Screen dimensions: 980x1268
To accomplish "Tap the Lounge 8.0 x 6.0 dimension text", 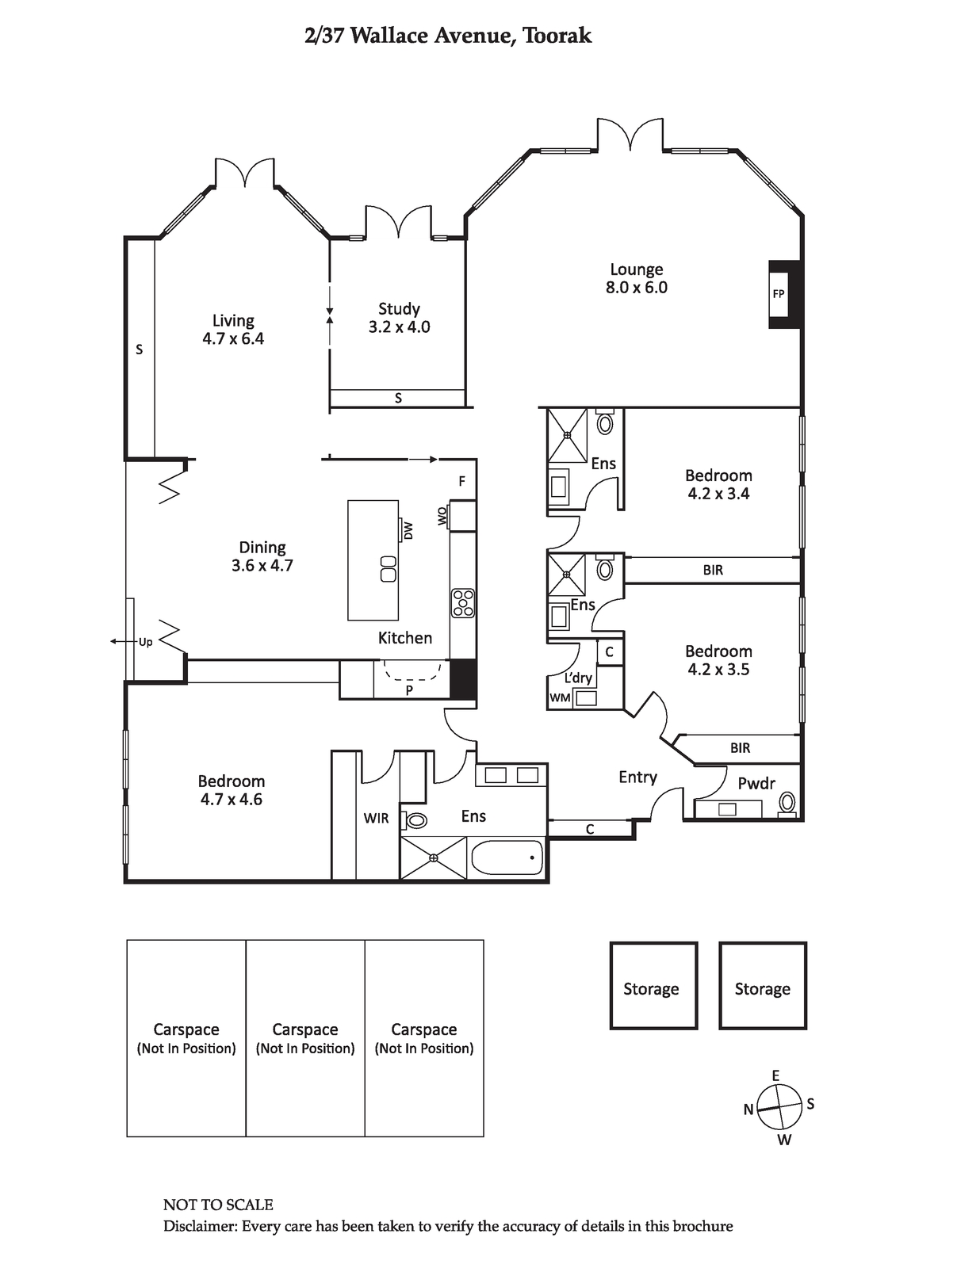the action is coord(636,288).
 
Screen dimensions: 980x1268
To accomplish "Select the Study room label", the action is coord(400,309).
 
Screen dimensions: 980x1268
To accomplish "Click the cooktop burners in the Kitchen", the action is coord(463,603).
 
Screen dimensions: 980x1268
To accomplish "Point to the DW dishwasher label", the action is coord(408,530).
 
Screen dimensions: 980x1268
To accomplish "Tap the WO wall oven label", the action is coord(442,515).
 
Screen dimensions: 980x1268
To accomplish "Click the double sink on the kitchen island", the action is coord(389,569).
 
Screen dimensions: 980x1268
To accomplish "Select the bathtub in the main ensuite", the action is coord(507,857).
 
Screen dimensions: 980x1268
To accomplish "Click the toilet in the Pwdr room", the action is coord(787,803).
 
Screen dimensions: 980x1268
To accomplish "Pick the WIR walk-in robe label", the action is coord(376,818).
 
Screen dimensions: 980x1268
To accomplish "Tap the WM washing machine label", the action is coord(560,698).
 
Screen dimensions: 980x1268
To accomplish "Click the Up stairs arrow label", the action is coord(145,642).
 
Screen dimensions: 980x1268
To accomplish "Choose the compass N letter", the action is coord(748,1109).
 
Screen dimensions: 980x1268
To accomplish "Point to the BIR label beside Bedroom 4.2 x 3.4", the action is coord(713,570).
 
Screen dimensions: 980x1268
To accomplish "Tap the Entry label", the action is coord(638,777).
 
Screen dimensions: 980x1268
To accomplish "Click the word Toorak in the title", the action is coord(557,36).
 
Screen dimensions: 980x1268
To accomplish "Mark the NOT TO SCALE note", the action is coord(218,1205).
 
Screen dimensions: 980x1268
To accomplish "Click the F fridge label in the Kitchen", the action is coord(461,481).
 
